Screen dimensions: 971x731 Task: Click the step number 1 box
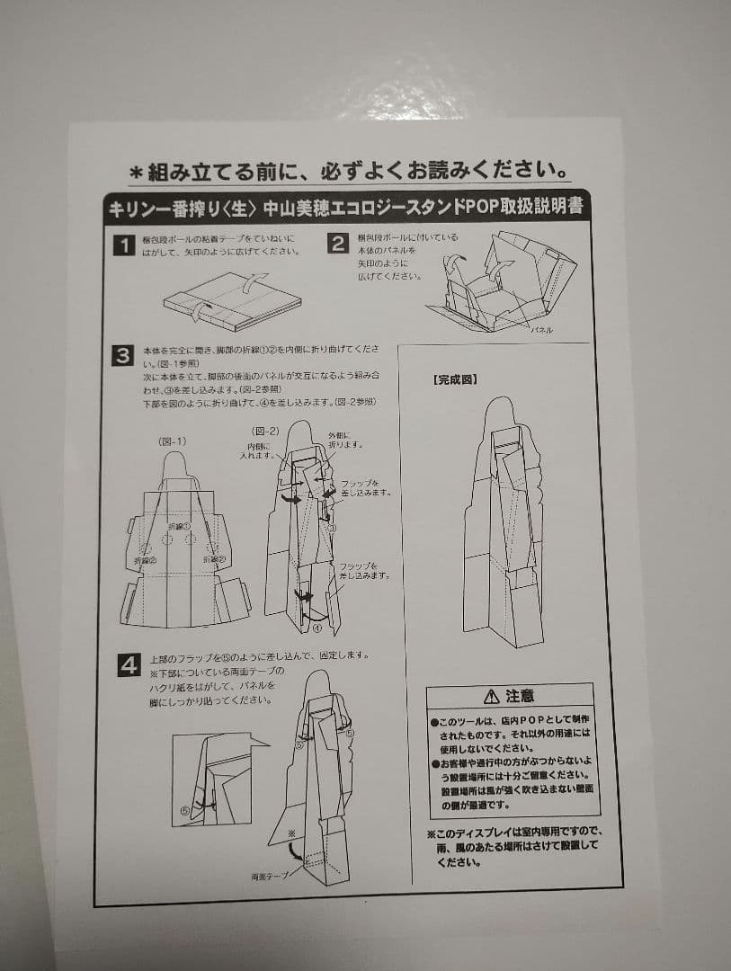(x=123, y=245)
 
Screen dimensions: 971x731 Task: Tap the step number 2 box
(x=336, y=244)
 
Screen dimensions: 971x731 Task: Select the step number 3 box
(x=123, y=355)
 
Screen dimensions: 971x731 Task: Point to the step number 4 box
(x=129, y=665)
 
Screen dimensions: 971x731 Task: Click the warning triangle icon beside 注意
(x=490, y=696)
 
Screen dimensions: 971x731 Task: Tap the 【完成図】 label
(x=455, y=379)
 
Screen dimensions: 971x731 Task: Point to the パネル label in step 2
(x=541, y=330)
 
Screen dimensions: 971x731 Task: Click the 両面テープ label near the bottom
(x=270, y=876)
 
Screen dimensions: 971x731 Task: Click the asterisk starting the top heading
(x=136, y=171)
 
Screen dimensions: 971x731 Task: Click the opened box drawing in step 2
(x=504, y=281)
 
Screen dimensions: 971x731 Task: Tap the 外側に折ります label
(x=343, y=440)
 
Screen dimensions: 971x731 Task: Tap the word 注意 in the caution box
(x=520, y=696)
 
